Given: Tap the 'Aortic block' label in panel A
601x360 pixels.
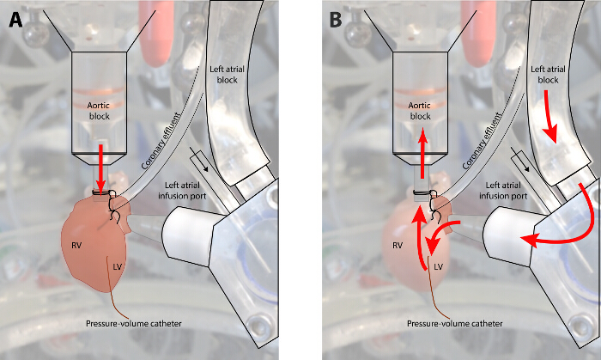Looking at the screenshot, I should click(x=100, y=109).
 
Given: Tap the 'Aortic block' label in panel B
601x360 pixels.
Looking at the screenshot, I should click(x=420, y=109).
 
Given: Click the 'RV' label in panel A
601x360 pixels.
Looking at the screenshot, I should click(x=76, y=245).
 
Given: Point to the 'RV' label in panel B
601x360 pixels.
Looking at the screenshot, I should click(x=396, y=245).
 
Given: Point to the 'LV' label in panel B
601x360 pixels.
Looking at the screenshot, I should click(x=437, y=269).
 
